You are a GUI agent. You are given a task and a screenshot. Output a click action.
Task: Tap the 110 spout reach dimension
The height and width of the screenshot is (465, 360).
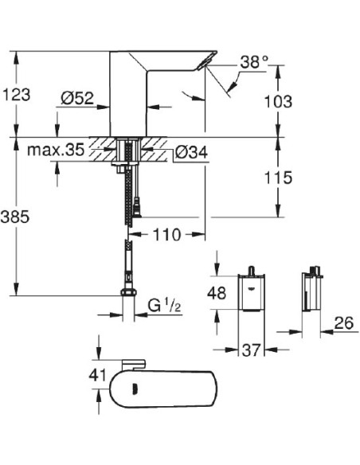(166, 234)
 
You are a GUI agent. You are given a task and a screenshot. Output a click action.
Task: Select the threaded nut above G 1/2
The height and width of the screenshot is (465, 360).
(126, 296)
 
